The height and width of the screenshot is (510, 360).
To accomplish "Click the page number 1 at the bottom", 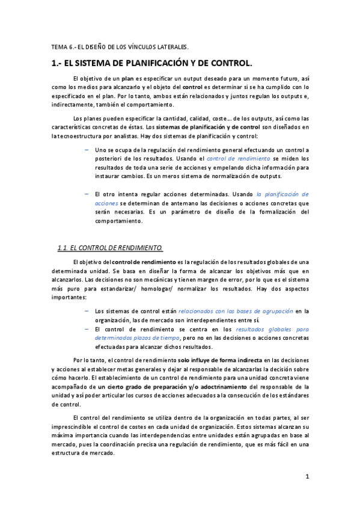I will (307, 477).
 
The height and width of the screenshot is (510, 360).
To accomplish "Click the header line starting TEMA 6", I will (120, 46).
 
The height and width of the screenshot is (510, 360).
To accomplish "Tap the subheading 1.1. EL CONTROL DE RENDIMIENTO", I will (110, 247).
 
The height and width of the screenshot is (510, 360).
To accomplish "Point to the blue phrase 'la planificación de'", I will (282, 194).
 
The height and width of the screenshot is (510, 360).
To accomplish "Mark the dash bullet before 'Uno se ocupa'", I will (88, 148).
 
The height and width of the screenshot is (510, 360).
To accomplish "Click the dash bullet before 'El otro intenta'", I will (88, 194).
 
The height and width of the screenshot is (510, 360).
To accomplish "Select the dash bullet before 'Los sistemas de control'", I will (88, 311).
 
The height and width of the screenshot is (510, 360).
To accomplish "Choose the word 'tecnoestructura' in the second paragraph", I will (85, 137).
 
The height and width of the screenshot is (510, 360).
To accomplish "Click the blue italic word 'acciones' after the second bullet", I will (106, 203).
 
